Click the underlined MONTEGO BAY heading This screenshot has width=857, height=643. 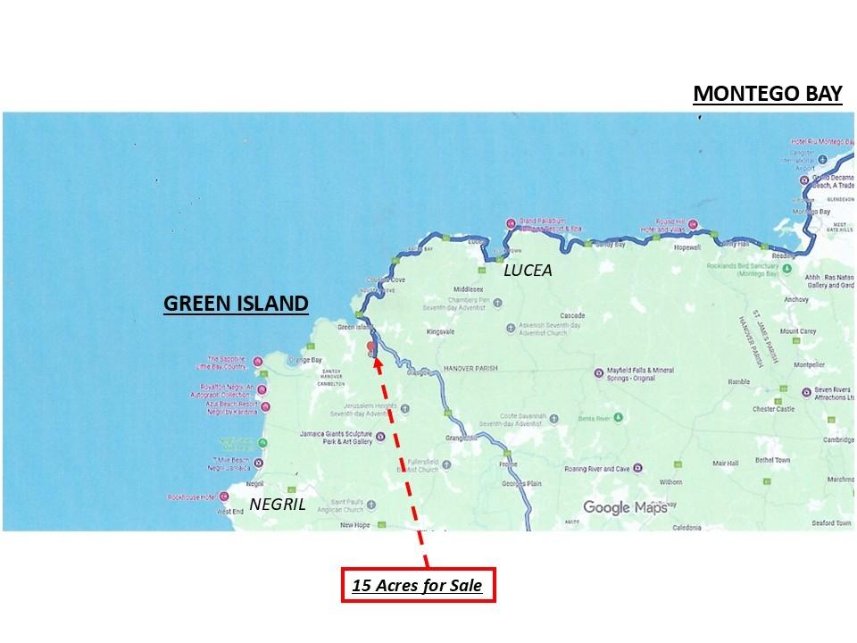[768, 94]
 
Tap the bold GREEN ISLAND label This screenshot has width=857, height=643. [236, 304]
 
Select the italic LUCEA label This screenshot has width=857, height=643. [528, 270]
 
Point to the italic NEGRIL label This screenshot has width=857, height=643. [278, 504]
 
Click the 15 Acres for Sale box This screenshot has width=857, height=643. [417, 587]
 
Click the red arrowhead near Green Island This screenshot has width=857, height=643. [377, 362]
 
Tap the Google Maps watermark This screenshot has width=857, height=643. [625, 507]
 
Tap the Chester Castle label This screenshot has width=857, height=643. [773, 409]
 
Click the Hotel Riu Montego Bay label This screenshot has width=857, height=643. [822, 143]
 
